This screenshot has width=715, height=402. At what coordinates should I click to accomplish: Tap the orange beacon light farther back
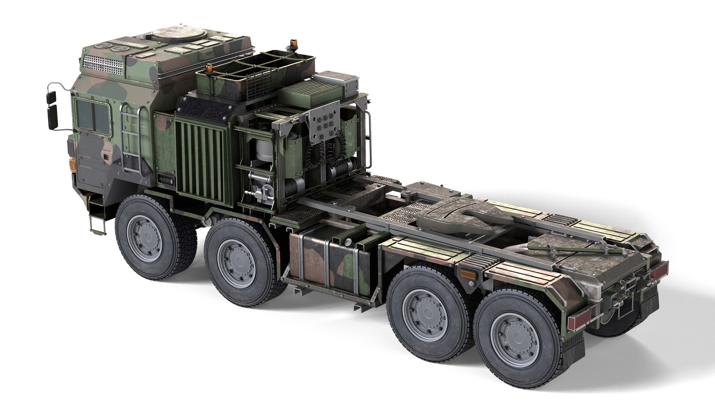click(289, 46)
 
